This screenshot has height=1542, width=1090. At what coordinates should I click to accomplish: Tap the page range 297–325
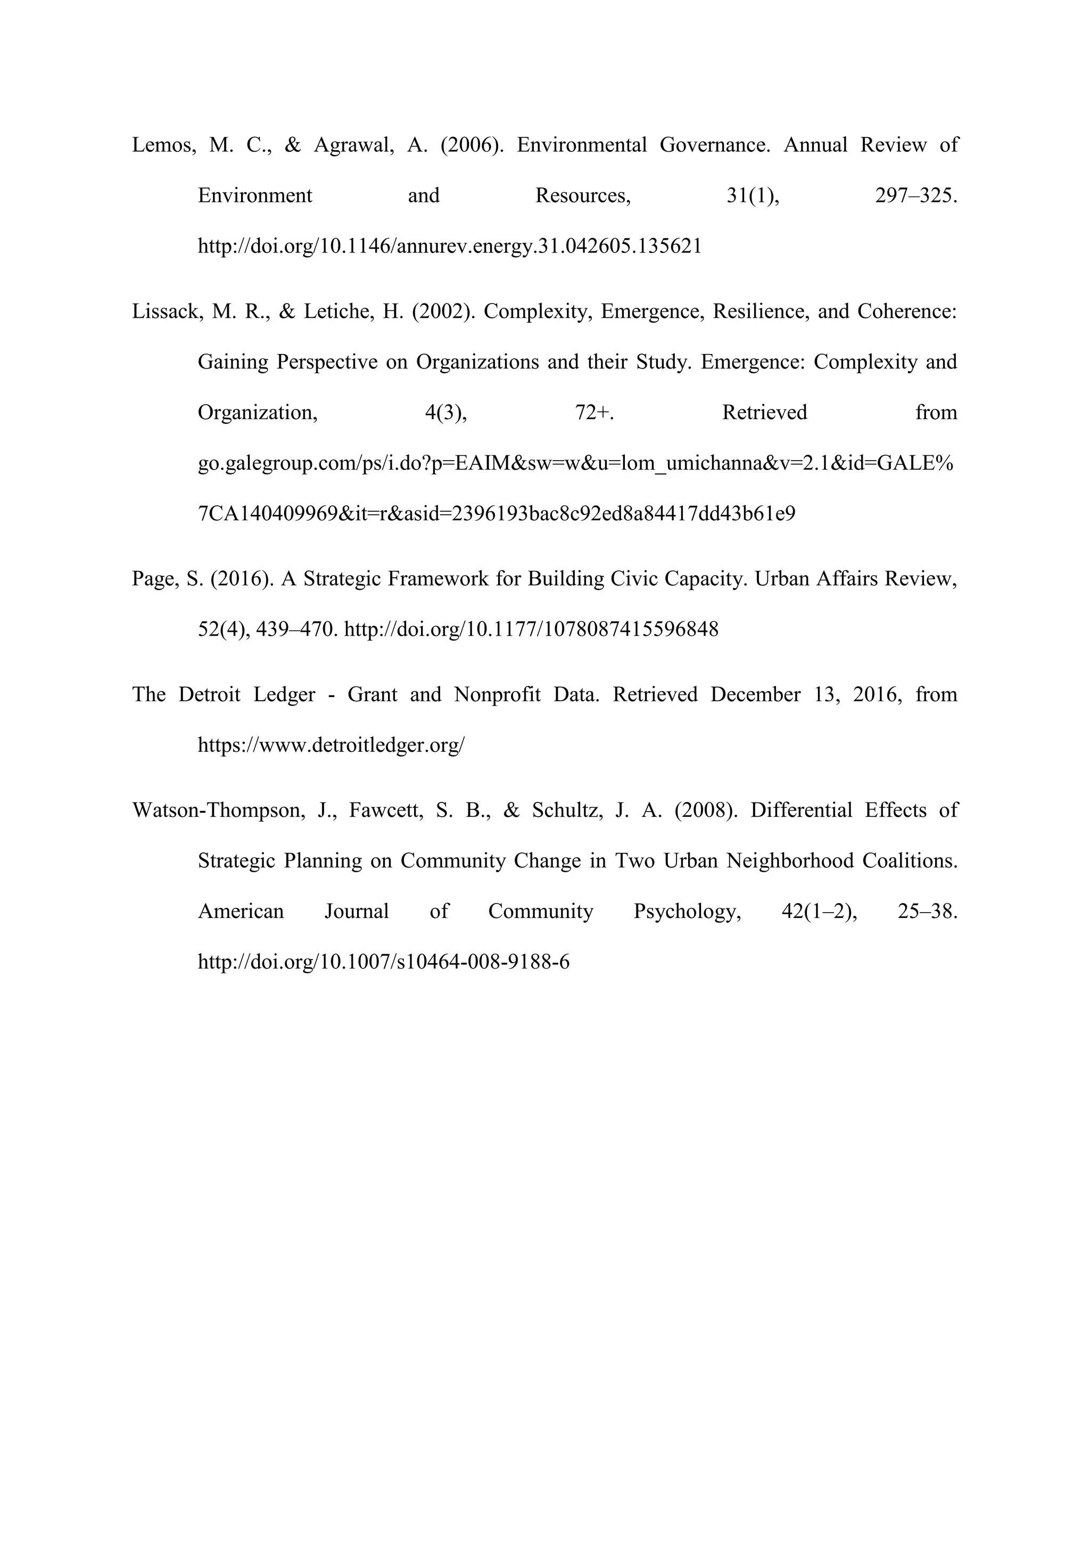point(917,195)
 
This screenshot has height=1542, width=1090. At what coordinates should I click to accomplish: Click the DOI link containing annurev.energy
point(450,247)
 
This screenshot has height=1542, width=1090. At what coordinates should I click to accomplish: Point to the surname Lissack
point(167,311)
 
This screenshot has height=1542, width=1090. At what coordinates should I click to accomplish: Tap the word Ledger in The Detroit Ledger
point(284,694)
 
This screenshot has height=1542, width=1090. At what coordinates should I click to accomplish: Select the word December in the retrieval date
point(755,694)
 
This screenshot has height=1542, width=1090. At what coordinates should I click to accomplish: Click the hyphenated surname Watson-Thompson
point(217,810)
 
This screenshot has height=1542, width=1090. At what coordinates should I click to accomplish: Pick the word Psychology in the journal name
point(687,912)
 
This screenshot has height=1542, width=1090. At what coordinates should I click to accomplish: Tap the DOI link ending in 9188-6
point(384,962)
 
